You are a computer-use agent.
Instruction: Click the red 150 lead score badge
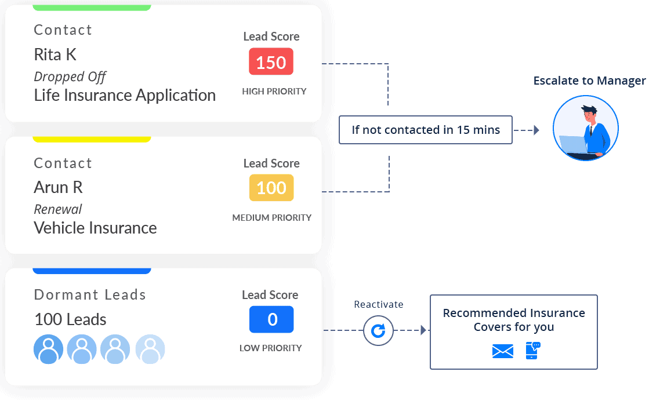pyautogui.click(x=271, y=61)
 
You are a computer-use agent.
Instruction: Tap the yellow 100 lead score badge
pyautogui.click(x=271, y=188)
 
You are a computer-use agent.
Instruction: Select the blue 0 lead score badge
pyautogui.click(x=271, y=319)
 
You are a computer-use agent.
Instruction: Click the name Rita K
pyautogui.click(x=55, y=54)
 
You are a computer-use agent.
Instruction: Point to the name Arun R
pyautogui.click(x=58, y=187)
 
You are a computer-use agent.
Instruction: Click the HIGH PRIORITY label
pyautogui.click(x=274, y=92)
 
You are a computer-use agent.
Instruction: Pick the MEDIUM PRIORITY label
pyautogui.click(x=271, y=218)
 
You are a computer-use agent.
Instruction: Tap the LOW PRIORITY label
pyautogui.click(x=270, y=348)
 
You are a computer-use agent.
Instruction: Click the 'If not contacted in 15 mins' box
pyautogui.click(x=425, y=130)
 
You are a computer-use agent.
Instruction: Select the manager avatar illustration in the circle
pyautogui.click(x=585, y=128)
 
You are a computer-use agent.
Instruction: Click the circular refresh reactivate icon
pyautogui.click(x=378, y=331)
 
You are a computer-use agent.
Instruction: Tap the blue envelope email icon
pyautogui.click(x=502, y=351)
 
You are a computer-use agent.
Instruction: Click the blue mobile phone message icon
pyautogui.click(x=532, y=351)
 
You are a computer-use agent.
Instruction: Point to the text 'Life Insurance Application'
pyautogui.click(x=125, y=95)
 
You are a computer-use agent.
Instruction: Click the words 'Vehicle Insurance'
pyautogui.click(x=95, y=228)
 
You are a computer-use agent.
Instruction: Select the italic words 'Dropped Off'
pyautogui.click(x=70, y=76)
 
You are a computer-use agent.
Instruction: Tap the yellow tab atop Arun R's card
pyautogui.click(x=92, y=139)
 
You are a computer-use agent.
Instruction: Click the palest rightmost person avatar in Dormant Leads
pyautogui.click(x=150, y=349)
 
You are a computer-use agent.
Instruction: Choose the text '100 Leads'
pyautogui.click(x=70, y=319)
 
